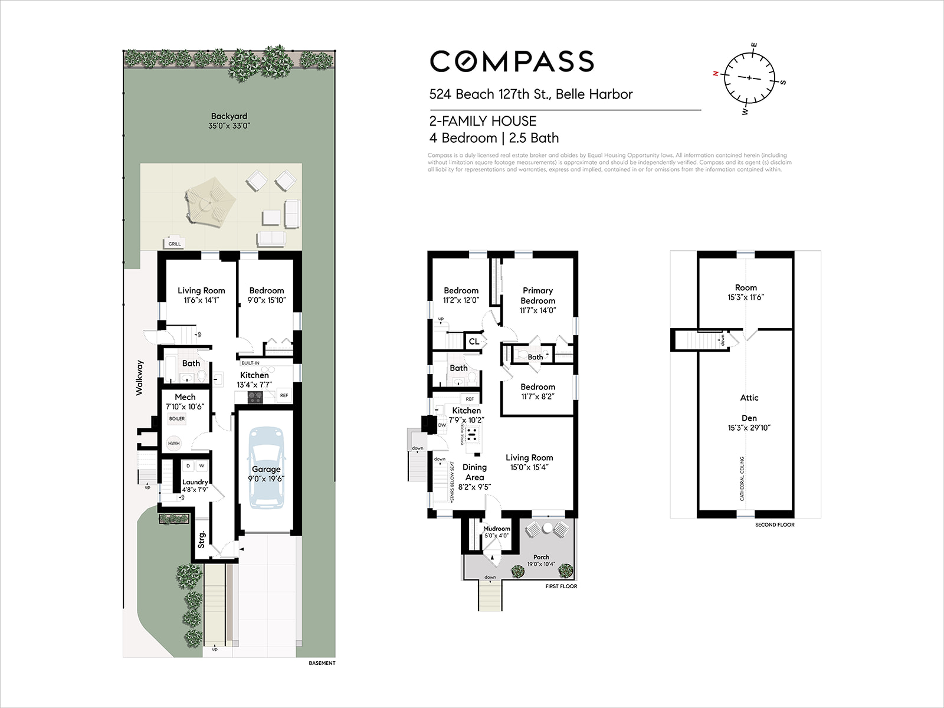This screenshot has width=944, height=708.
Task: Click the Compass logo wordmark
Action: (512, 61)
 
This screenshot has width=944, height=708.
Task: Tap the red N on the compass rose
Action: (716, 74)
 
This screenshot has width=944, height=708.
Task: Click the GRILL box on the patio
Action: (175, 244)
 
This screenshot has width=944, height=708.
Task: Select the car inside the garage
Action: (266, 467)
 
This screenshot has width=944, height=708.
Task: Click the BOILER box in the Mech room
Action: (177, 418)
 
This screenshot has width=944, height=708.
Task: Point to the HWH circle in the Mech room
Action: (173, 443)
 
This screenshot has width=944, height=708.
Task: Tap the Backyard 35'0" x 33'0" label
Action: (229, 121)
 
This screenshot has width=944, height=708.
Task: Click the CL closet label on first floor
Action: (474, 342)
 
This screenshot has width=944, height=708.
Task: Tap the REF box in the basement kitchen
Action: (284, 395)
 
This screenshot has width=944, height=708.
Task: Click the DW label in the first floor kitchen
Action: (442, 425)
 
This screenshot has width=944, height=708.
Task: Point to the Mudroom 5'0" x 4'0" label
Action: (496, 532)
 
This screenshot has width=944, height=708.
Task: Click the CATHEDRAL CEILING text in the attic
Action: (742, 478)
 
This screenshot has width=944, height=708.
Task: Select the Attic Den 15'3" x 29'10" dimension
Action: (749, 428)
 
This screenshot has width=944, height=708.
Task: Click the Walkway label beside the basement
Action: (140, 377)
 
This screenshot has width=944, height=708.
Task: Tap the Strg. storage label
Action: (202, 539)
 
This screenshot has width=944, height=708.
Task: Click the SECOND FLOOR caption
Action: (775, 525)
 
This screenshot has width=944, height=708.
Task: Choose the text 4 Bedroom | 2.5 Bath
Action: (494, 138)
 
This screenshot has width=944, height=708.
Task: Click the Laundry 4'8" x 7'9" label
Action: (195, 486)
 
